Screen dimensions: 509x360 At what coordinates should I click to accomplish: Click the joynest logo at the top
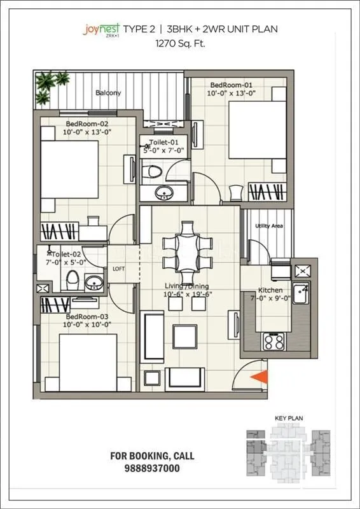click(100, 30)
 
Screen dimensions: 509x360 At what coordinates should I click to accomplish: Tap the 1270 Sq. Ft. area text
click(180, 44)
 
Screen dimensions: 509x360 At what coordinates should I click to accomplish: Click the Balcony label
click(108, 93)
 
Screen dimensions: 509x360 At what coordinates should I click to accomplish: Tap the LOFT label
click(118, 268)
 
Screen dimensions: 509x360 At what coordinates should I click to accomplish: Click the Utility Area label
click(268, 226)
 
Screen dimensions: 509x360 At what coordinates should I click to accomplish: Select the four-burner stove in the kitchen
click(274, 341)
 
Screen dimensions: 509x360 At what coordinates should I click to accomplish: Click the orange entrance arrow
click(259, 377)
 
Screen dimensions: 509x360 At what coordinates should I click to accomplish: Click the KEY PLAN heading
click(286, 418)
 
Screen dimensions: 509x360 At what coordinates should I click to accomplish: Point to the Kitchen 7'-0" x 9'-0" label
click(270, 293)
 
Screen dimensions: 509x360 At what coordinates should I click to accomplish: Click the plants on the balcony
click(51, 86)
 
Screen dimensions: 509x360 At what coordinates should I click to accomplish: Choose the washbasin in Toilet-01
click(163, 192)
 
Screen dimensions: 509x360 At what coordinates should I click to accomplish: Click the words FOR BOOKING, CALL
click(152, 456)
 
